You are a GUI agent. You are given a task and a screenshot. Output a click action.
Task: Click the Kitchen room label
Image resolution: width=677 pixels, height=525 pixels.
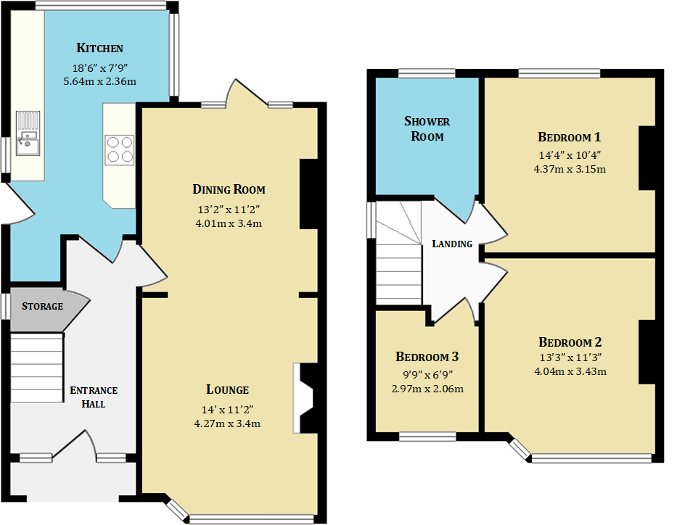(x=99, y=49)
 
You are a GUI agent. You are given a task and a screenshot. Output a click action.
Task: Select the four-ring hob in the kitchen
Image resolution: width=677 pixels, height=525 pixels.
(x=120, y=149)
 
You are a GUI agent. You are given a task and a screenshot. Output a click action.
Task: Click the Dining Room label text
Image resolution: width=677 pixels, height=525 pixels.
(x=229, y=190)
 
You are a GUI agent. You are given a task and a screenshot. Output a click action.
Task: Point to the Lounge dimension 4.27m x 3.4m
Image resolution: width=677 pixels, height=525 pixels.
(x=227, y=423)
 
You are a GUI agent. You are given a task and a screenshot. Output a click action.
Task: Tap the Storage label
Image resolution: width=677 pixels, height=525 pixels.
(x=42, y=306)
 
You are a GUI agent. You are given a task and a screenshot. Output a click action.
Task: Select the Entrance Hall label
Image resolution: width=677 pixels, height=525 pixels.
(x=93, y=397)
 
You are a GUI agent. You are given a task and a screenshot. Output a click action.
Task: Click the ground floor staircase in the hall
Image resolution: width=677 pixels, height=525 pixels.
(x=37, y=367)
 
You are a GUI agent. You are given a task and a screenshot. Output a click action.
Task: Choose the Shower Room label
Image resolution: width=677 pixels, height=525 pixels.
(x=427, y=129)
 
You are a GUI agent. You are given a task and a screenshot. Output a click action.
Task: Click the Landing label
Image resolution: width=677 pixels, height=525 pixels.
(x=452, y=244)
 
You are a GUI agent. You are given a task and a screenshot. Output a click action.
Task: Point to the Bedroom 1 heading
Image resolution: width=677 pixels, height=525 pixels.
(x=569, y=137)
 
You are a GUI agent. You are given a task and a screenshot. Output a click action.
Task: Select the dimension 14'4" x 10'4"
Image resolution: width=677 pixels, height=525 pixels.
(x=569, y=154)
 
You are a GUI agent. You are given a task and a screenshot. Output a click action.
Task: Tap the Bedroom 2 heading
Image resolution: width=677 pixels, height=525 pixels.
(x=570, y=342)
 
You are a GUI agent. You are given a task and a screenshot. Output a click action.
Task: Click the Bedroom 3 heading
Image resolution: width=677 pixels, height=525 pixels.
(x=427, y=357)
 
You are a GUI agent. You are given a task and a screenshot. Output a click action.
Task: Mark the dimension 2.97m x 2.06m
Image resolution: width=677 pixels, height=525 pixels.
(x=427, y=389)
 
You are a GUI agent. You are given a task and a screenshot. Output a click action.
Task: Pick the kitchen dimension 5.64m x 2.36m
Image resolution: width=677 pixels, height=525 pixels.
(x=99, y=81)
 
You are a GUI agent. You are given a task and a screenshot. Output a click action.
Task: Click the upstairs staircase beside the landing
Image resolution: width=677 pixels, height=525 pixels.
(x=398, y=261)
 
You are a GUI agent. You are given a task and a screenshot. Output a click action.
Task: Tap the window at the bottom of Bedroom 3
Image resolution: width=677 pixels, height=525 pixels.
(x=427, y=437)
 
